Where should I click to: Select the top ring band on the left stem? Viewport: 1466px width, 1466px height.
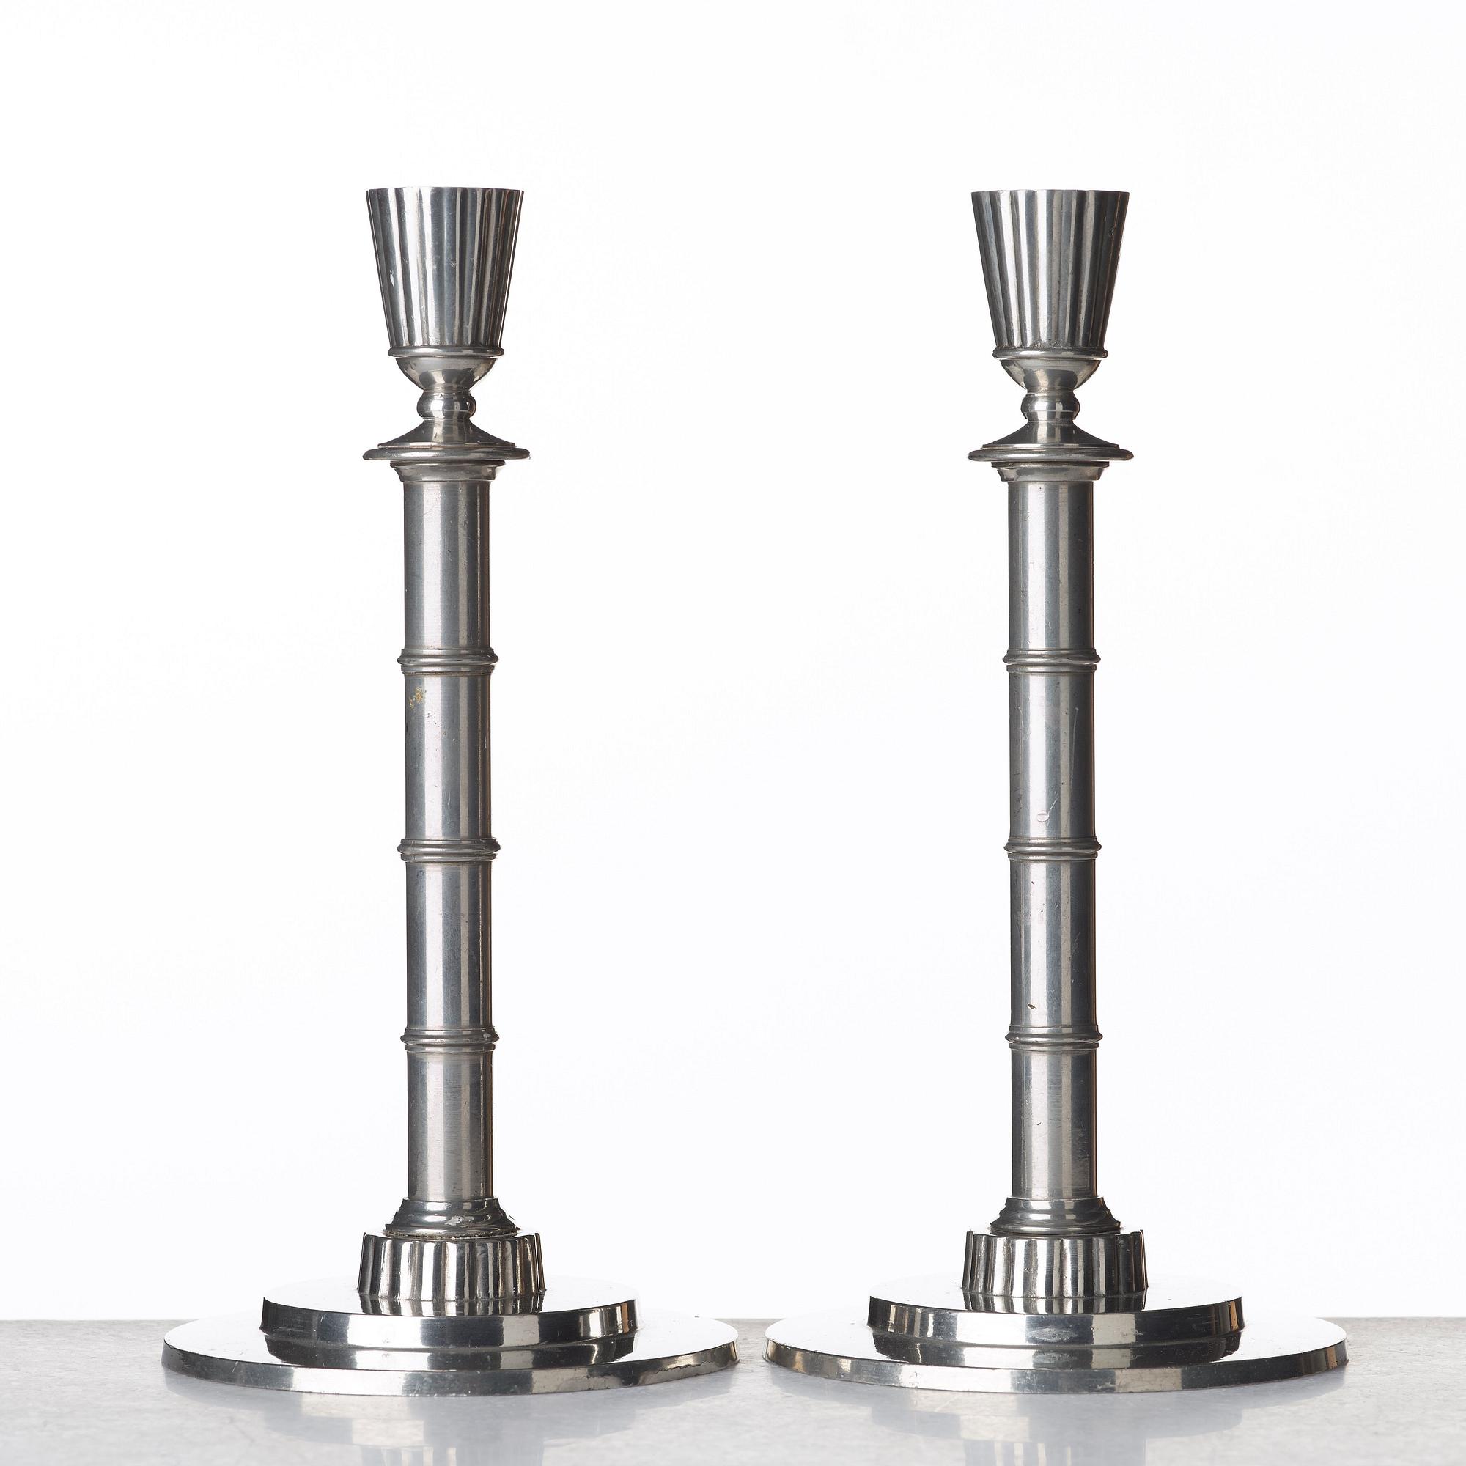[448, 661]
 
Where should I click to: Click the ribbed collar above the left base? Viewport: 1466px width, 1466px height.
[451, 1265]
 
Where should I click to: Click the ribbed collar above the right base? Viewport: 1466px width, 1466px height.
[1055, 1264]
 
